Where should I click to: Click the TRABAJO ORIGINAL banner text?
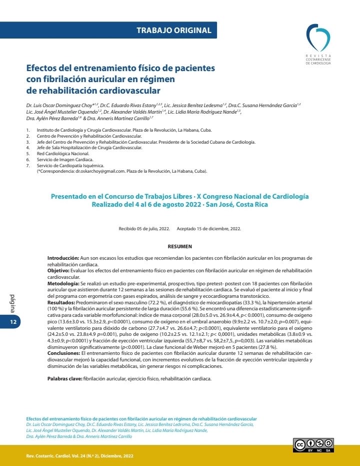pos(174,31)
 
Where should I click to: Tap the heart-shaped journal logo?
pos(318,39)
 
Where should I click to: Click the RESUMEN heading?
pos(180,246)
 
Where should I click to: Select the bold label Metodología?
pos(63,282)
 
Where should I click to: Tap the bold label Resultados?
pos(62,303)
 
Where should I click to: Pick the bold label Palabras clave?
pos(65,379)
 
